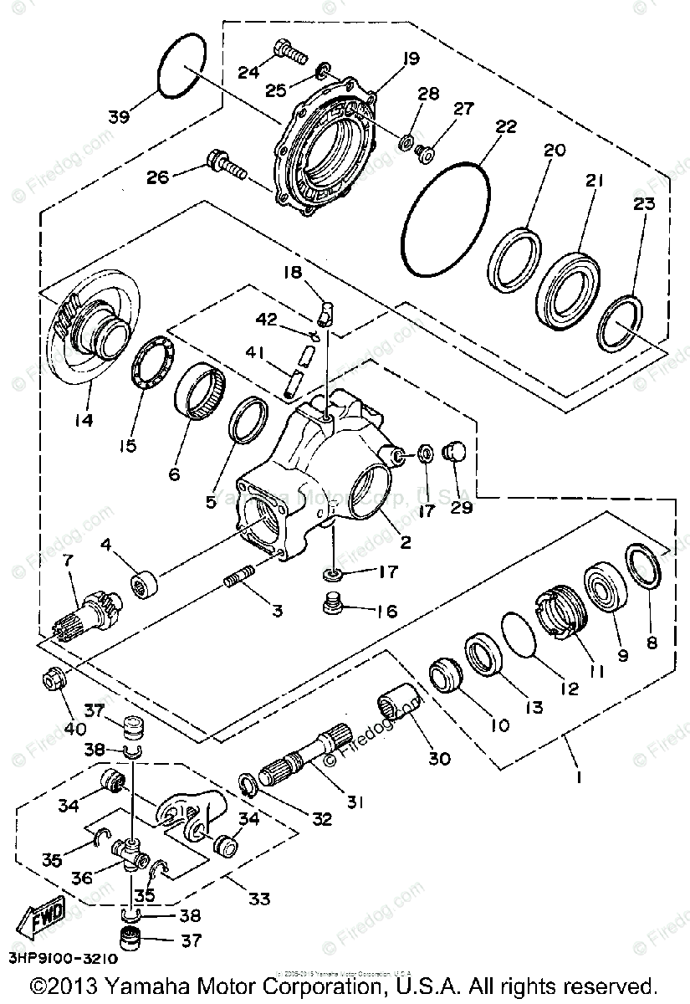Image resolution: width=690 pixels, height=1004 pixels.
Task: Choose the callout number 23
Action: (644, 204)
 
